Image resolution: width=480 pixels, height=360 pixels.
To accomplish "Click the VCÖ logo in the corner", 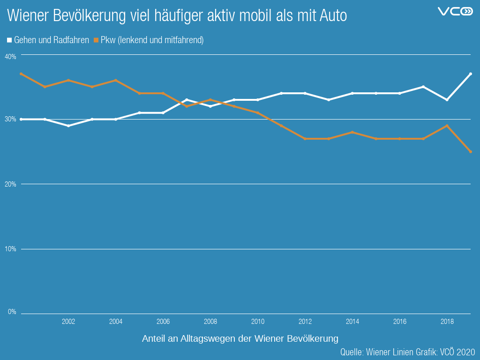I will tap(455, 11).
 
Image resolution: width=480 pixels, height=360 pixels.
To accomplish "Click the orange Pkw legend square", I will tap(96, 40).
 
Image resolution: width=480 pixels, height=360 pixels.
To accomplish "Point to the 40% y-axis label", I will tap(10, 56).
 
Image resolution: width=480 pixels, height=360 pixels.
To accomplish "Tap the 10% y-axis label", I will tap(10, 249).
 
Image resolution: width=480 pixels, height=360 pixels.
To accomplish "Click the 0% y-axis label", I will tap(12, 312).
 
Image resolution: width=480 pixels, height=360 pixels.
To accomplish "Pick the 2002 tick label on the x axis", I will tap(68, 322).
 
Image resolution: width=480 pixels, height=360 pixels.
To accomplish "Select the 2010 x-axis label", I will tap(258, 322).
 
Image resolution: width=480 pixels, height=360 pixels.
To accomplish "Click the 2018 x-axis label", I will tap(447, 322).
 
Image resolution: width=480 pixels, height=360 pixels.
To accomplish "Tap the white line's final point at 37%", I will tap(470, 74).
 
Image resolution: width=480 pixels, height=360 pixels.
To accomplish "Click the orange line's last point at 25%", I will tap(470, 151).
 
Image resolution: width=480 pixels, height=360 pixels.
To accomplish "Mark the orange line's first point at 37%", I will tap(21, 74).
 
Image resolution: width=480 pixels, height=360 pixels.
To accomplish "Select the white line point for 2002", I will tap(68, 126).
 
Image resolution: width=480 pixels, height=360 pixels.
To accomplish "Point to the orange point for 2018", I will tap(447, 126).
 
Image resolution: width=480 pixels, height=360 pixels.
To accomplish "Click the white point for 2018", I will tap(447, 100).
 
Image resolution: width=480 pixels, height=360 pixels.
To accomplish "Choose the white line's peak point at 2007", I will tap(187, 100).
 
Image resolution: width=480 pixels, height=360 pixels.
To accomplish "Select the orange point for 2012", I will tap(305, 139).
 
